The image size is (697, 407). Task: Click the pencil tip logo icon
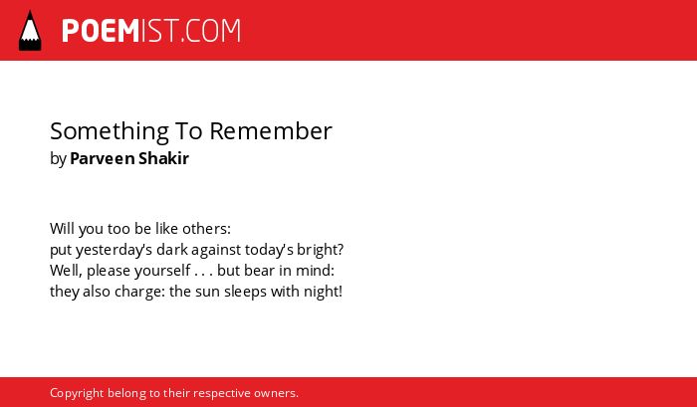point(30,31)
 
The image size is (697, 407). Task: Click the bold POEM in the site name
point(101,31)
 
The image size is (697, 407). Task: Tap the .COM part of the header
point(211,31)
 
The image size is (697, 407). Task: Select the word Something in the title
point(110,131)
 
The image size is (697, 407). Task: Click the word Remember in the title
point(271,131)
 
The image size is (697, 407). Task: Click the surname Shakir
point(163,158)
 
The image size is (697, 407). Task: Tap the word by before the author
point(58,159)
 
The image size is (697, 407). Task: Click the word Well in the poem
point(65,270)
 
